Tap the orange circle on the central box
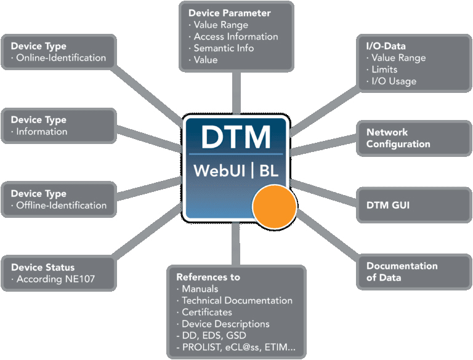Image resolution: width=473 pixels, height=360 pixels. pos(275,207)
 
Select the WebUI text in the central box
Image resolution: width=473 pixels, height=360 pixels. pos(220,170)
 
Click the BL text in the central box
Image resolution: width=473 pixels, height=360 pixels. pos(269,170)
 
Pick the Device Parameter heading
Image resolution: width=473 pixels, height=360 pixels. pos(229,13)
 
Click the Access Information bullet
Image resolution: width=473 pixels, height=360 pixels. pos(235,36)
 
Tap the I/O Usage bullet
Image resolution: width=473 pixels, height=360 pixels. pos(394,81)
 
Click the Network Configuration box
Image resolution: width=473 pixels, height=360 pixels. pos(398,138)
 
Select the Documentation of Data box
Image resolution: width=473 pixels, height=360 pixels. pos(402,272)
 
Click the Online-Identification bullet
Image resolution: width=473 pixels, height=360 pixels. pos(60,58)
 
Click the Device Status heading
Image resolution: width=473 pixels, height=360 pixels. pos(42,268)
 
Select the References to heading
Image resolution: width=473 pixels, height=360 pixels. pos(208,277)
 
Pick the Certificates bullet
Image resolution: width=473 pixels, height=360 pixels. pos(206,312)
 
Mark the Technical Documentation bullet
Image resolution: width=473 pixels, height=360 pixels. pos(236,300)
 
